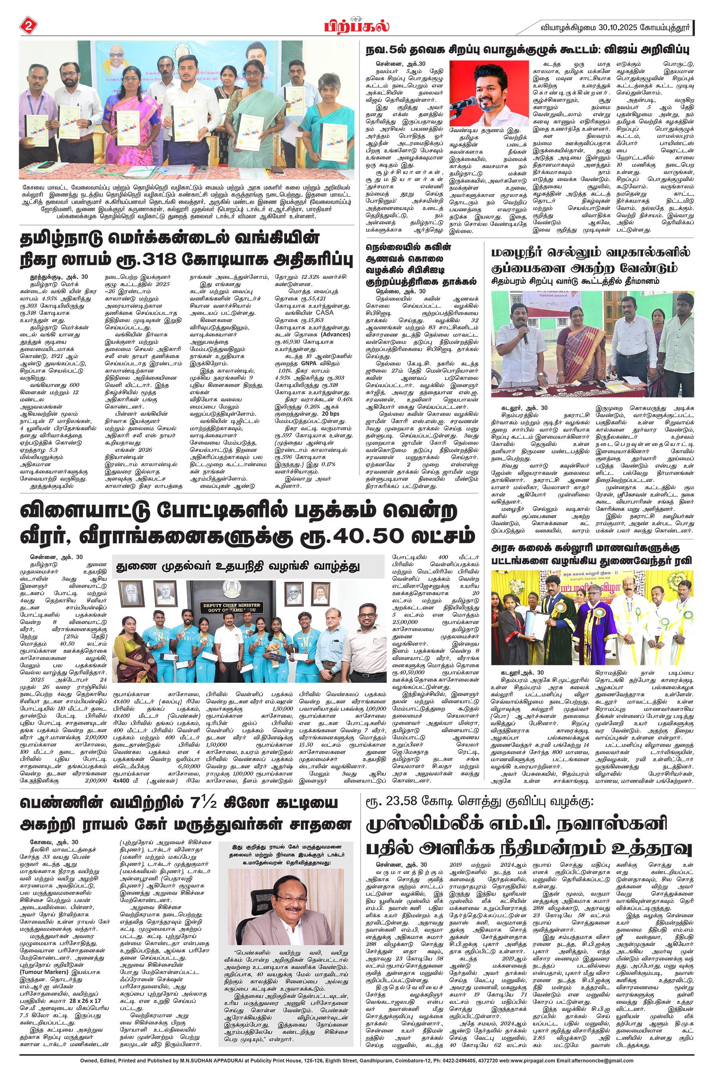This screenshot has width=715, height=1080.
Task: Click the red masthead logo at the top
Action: coord(357,25)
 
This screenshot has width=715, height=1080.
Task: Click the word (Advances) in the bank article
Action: coord(336,334)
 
